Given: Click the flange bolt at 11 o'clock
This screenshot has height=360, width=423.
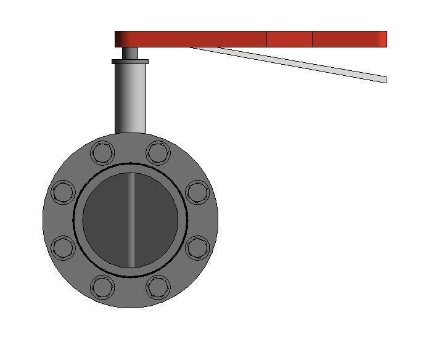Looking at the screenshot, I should coord(102,152).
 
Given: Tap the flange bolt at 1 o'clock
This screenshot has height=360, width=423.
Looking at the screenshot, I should coord(158,152).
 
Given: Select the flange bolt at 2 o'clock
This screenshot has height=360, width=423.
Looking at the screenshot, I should coord(197,192).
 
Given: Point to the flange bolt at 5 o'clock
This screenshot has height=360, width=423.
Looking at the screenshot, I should coord(158,287).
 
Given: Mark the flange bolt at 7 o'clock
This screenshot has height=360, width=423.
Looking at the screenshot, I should coord(102,287).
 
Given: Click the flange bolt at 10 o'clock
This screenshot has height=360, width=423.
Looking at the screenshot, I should coord(63,192).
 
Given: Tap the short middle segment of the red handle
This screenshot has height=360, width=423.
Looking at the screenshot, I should coord(289,39).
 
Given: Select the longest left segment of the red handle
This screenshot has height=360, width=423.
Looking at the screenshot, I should coord(191,39).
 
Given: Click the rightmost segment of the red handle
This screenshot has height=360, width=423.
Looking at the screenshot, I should coord(349,39).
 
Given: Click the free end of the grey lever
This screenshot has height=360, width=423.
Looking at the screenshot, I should coord(383,79).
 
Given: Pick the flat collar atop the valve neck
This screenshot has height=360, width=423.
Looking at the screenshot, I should coord(130,62).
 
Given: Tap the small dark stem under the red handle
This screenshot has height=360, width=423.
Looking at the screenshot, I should coord(130,54).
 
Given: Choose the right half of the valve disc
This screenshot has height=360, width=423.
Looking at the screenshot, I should coord(155,219).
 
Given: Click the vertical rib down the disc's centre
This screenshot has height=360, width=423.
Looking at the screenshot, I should coord(131,219).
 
